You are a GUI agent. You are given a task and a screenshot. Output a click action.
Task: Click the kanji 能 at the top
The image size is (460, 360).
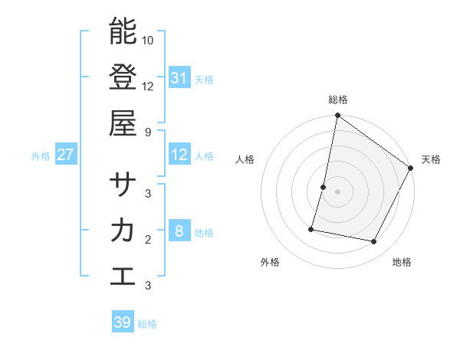[123, 31]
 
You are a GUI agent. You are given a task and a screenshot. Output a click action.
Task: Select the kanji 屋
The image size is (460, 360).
[123, 122]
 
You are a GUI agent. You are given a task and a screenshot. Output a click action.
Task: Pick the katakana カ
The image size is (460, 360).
[123, 231]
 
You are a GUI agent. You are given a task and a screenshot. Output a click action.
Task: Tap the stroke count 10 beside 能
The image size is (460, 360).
[148, 40]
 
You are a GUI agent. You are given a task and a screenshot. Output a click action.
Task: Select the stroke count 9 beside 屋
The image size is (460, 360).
[148, 131]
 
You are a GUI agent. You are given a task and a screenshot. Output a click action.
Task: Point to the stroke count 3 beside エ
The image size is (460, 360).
[148, 285]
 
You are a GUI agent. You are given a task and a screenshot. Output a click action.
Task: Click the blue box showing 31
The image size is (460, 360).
[179, 77]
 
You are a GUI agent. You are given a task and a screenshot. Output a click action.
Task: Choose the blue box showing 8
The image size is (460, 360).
[179, 231]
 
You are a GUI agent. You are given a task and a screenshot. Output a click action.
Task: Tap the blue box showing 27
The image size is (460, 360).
[65, 155]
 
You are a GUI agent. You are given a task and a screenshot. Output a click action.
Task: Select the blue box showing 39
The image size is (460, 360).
[122, 322]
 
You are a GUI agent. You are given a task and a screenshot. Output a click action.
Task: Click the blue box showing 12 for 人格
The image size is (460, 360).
[179, 155]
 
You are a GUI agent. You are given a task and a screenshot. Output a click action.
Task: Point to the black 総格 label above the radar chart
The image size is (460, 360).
[338, 100]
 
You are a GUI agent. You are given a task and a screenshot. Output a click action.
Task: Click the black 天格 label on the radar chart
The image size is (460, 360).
[431, 159]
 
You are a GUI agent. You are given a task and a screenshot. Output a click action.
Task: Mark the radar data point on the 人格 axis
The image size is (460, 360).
[324, 187]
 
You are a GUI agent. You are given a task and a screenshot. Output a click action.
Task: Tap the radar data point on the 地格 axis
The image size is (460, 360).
[374, 242]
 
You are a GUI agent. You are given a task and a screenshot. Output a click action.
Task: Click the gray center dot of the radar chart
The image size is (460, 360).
[338, 191]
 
